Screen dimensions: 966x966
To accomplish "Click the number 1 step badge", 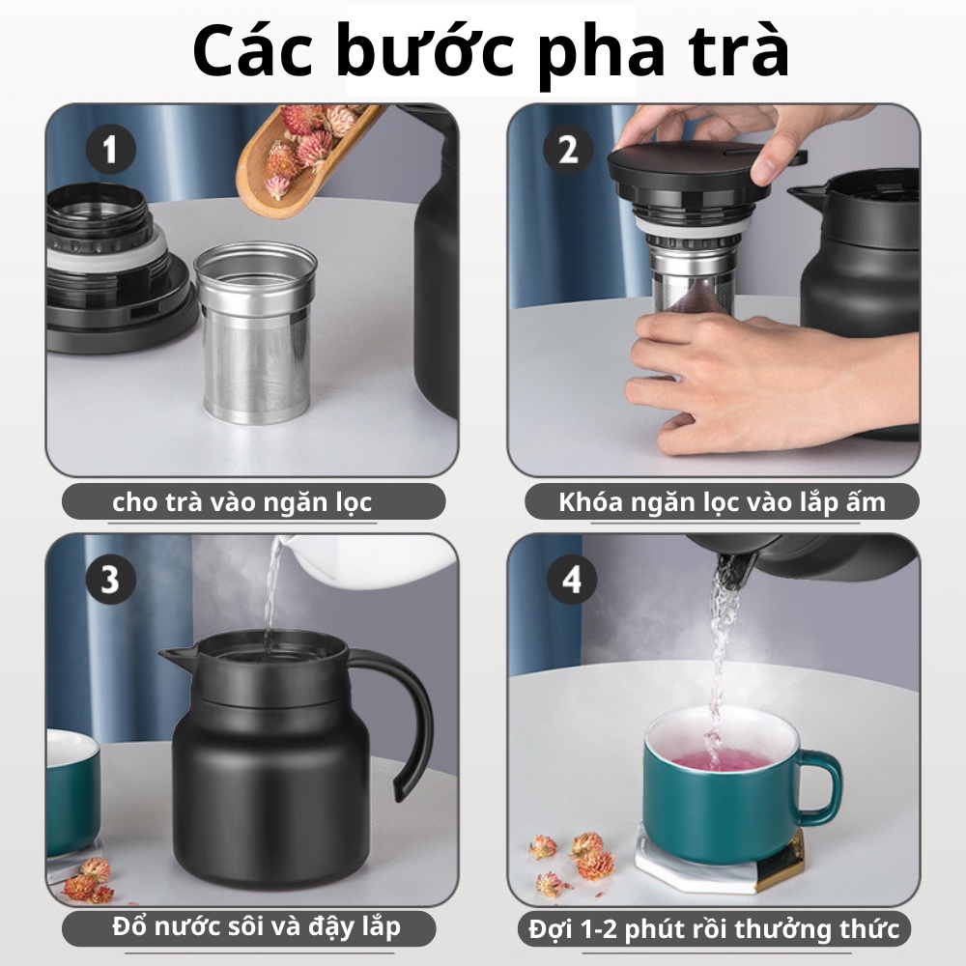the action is click(x=110, y=149).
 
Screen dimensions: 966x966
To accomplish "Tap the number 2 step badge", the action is click(x=567, y=149).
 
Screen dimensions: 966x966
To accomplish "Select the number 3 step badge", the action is click(x=110, y=580).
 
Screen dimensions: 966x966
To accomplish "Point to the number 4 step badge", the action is click(x=572, y=580).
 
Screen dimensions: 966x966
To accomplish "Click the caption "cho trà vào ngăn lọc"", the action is click(x=242, y=502).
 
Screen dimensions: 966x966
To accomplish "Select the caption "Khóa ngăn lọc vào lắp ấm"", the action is click(x=722, y=502).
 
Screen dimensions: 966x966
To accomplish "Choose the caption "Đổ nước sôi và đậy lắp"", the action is click(x=256, y=927).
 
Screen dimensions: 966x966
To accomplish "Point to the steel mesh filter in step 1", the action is click(x=255, y=332).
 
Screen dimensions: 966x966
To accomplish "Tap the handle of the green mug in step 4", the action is click(x=820, y=788).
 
